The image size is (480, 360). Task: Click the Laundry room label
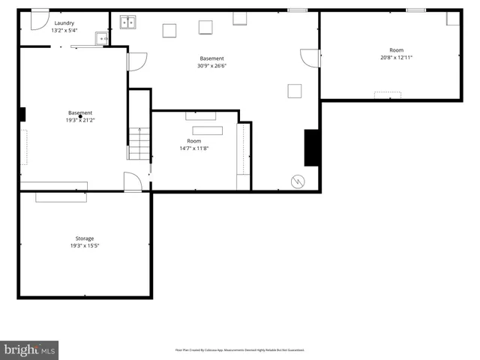point(63,23)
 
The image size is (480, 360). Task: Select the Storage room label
point(84,238)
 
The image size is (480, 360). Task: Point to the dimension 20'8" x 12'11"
point(396,58)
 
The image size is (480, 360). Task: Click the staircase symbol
point(138,143)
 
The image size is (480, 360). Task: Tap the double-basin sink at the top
point(129,22)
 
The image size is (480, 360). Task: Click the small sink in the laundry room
point(101,38)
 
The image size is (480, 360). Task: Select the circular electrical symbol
point(298,181)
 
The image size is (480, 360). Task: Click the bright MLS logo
point(30,349)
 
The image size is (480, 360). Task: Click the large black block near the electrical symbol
point(312,148)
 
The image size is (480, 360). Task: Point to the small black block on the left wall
point(22,114)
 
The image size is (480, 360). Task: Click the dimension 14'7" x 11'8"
point(194,148)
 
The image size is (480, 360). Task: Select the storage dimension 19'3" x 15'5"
point(84,246)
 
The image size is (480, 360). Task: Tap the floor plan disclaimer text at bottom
point(239,349)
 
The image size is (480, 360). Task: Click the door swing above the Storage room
point(133,182)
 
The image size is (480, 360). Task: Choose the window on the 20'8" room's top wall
point(416,10)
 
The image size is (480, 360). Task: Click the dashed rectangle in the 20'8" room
point(388,94)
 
